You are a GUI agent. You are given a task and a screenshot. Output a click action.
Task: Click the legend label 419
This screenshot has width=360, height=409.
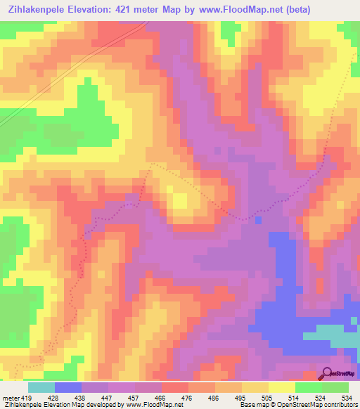tap(25, 397)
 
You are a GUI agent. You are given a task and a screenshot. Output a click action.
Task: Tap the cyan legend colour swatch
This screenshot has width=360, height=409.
tap(41, 387)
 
